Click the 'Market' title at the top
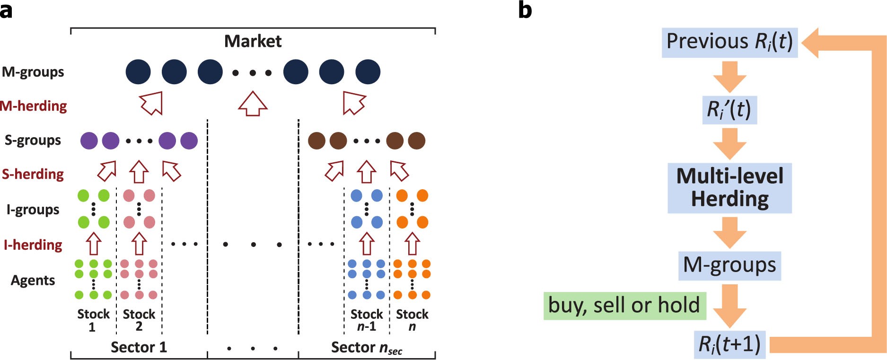pyautogui.click(x=253, y=41)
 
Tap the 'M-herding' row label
pyautogui.click(x=34, y=105)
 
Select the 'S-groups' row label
pyautogui.click(x=33, y=140)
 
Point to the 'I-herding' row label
pyautogui.click(x=33, y=245)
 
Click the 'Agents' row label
pyautogui.click(x=33, y=280)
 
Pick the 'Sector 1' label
pyautogui.click(x=139, y=347)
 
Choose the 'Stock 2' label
pyautogui.click(x=139, y=320)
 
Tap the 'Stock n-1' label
pyautogui.click(x=366, y=320)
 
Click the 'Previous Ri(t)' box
pyautogui.click(x=729, y=42)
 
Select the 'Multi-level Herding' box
pyautogui.click(x=729, y=188)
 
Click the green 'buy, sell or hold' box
pyautogui.click(x=624, y=306)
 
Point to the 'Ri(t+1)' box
pyautogui.click(x=729, y=344)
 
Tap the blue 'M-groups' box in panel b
pyautogui.click(x=729, y=265)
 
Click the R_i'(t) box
pyautogui.click(x=729, y=110)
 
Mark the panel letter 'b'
pyautogui.click(x=525, y=9)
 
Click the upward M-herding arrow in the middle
pyautogui.click(x=253, y=104)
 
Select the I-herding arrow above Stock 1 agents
pyautogui.click(x=94, y=243)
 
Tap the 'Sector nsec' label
pyautogui.click(x=366, y=348)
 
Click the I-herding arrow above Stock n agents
pyautogui.click(x=412, y=243)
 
